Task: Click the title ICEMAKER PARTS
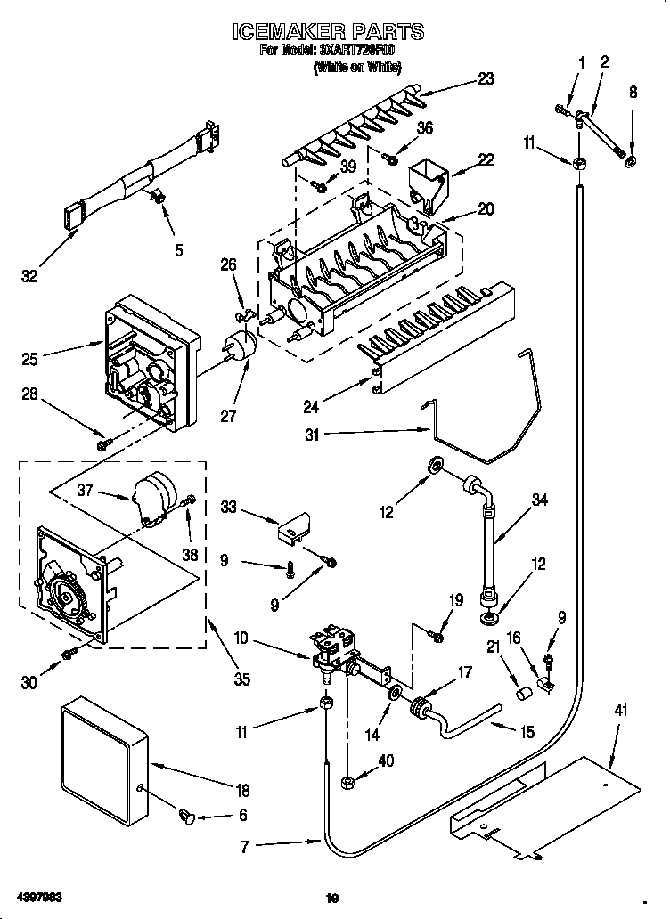329,33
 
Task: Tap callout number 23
485,78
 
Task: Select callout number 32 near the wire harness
30,277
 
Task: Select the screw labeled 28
103,442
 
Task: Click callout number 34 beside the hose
540,500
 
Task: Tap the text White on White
356,68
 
